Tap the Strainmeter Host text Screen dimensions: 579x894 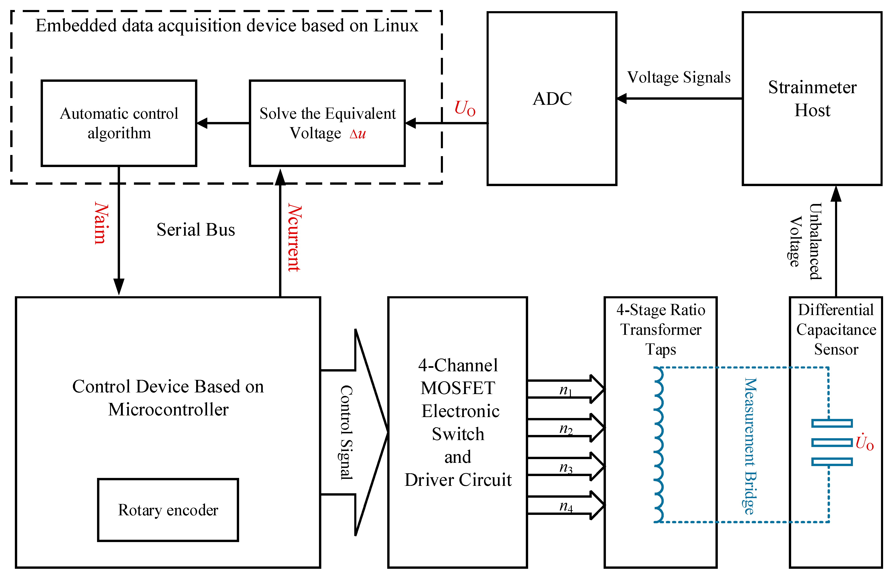(x=812, y=99)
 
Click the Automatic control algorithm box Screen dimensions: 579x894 (x=119, y=123)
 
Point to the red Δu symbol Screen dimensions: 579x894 (x=358, y=133)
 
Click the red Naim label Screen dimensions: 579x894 (x=101, y=223)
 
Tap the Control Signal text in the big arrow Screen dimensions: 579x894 (x=346, y=432)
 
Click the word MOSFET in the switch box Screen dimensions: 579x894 (x=458, y=388)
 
